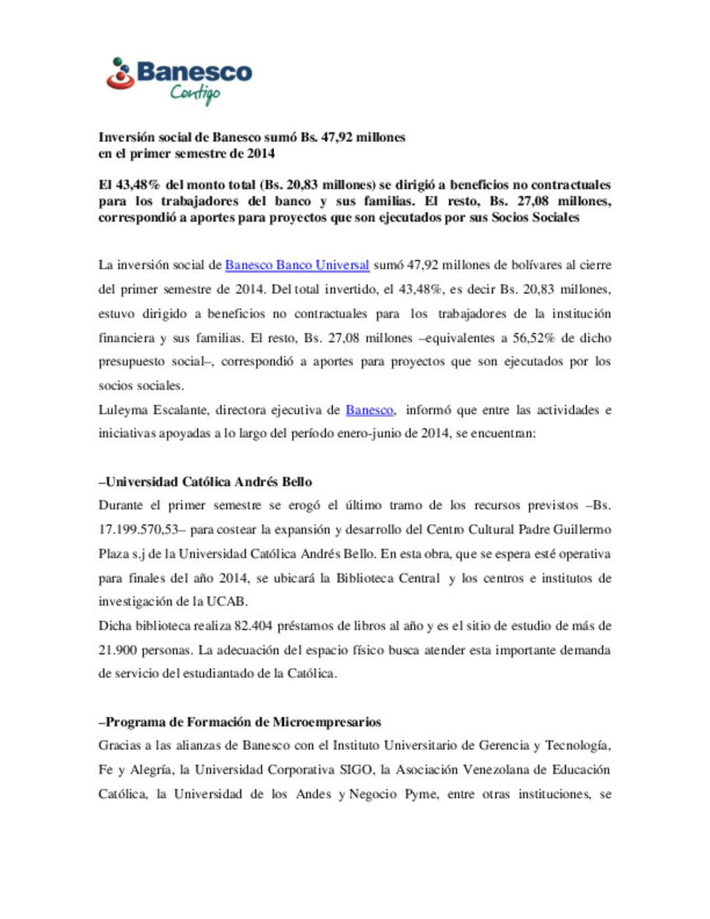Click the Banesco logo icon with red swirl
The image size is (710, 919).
coord(120,74)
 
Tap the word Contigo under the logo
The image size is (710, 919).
coord(195,93)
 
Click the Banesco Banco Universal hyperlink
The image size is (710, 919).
coord(297,265)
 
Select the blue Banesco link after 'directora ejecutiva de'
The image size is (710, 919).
coord(369,410)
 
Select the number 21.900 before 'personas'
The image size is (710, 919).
coord(118,650)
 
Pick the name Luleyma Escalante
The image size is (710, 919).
coord(152,410)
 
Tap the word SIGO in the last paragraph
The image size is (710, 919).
coord(355,770)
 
